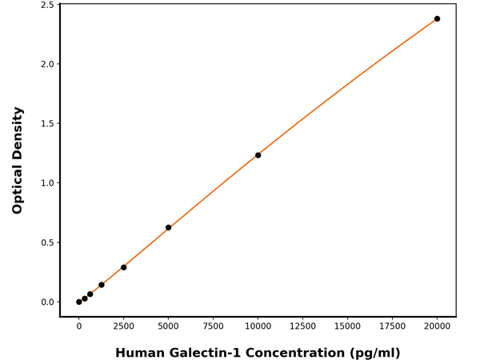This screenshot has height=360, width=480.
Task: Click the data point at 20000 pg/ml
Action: (437, 18)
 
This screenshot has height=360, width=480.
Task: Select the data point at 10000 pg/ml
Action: (258, 155)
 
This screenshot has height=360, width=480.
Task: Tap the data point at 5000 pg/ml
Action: (168, 227)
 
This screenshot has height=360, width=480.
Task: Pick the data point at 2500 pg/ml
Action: (123, 267)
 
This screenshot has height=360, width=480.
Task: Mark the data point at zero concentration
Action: (78, 302)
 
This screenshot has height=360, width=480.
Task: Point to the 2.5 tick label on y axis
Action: (47, 5)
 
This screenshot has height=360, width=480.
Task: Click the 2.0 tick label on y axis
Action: (47, 64)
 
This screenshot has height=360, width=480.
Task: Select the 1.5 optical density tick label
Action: (47, 123)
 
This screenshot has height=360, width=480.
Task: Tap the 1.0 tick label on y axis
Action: (47, 183)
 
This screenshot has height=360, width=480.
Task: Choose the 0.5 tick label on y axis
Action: (47, 242)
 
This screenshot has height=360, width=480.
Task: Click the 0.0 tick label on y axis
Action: (47, 302)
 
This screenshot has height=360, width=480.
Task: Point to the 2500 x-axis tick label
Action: (123, 327)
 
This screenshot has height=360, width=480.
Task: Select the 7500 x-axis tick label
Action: (213, 327)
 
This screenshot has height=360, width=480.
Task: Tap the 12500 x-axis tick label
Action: (302, 327)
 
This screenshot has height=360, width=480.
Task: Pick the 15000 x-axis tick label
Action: (347, 327)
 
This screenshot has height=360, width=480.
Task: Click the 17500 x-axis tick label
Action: (392, 327)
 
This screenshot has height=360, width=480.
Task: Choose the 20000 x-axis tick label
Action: (437, 327)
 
